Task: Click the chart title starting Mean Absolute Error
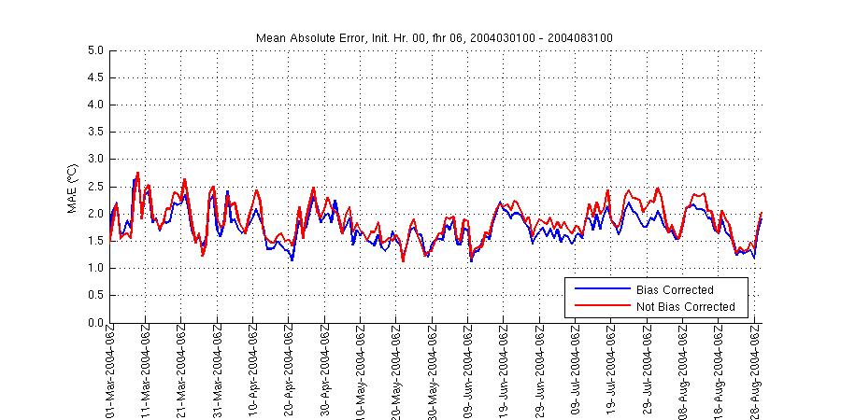coord(435,37)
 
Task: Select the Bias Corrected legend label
coord(674,290)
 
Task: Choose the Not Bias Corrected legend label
coord(685,306)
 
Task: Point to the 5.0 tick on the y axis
coord(95,50)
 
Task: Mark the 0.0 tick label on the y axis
coord(95,323)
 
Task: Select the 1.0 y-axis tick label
coord(95,269)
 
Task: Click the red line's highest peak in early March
coord(137,173)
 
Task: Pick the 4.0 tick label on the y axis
coord(95,105)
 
